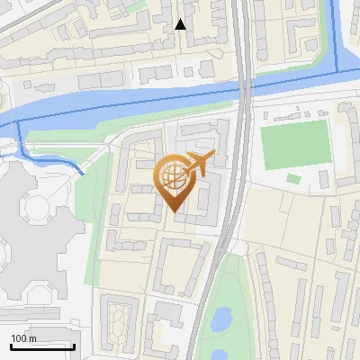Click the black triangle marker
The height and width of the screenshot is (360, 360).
coord(181,24)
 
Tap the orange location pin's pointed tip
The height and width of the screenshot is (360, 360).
coord(174,211)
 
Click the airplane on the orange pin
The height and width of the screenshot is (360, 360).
coord(197,163)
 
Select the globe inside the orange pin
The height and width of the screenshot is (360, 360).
coord(174,178)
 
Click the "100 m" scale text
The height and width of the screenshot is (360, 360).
coord(24,338)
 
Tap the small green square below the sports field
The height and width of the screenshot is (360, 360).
coord(293,179)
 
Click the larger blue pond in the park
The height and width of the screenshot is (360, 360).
coord(220,318)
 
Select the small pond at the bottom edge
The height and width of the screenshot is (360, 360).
coord(217,354)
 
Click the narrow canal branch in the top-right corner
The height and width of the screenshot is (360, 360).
coord(337,36)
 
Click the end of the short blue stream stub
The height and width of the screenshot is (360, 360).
coord(82,172)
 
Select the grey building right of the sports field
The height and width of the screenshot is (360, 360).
coord(346,144)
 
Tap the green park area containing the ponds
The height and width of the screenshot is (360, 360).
coord(229,297)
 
